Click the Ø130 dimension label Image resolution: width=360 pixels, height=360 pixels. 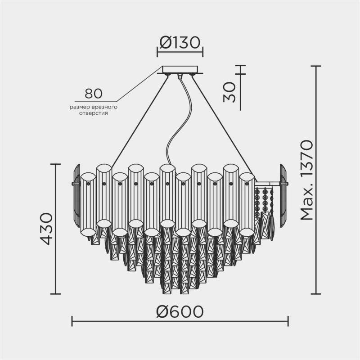[x=180, y=43]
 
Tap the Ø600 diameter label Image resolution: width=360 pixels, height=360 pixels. [x=180, y=311]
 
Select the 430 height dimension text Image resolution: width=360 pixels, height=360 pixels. [x=47, y=229]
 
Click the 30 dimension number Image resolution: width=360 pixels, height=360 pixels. [x=229, y=92]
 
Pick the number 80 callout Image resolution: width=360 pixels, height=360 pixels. [x=94, y=94]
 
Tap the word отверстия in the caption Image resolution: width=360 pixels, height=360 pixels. [x=94, y=113]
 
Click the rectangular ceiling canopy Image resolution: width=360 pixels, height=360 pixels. [x=180, y=70]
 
